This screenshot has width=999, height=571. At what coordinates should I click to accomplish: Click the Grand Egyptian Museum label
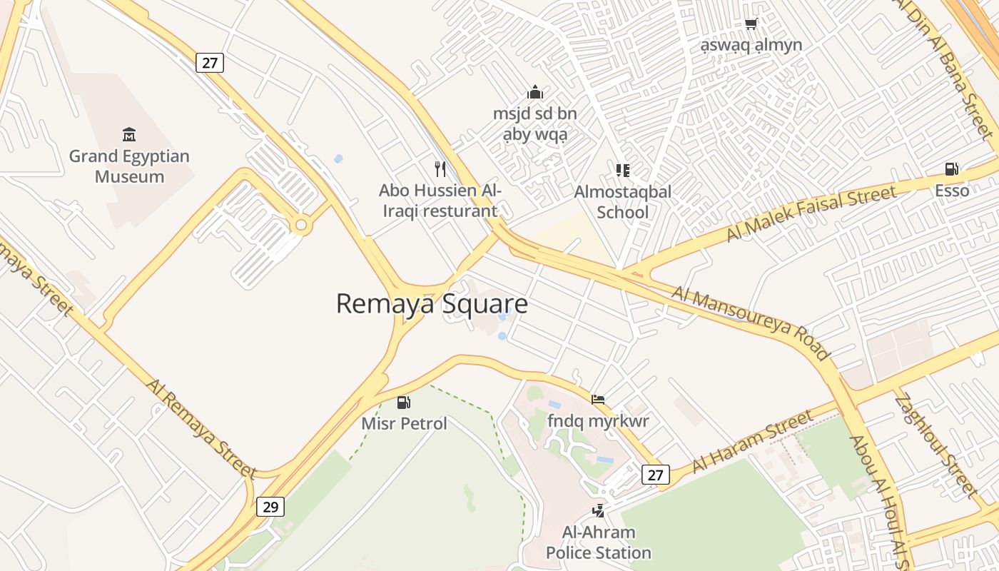click(x=129, y=166)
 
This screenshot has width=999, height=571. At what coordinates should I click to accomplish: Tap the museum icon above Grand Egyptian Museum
click(x=129, y=134)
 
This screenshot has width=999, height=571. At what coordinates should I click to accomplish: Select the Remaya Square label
click(x=432, y=303)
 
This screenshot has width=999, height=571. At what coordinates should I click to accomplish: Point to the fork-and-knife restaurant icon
click(x=440, y=169)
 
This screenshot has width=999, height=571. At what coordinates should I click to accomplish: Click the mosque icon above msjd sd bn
click(x=534, y=92)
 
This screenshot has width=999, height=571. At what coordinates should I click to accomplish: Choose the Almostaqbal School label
click(x=623, y=202)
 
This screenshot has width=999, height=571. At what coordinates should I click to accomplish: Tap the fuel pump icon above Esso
click(x=952, y=169)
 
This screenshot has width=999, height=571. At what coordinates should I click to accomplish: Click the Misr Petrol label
click(x=404, y=423)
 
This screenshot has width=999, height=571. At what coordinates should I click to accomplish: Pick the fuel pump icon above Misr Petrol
click(x=404, y=403)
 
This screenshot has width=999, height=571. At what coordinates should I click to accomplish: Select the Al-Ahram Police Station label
click(x=599, y=542)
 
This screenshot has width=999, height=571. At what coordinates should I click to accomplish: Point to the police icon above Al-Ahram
click(x=599, y=510)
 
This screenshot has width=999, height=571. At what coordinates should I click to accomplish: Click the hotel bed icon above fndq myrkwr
click(x=598, y=400)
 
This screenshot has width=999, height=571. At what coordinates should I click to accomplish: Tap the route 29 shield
click(x=270, y=507)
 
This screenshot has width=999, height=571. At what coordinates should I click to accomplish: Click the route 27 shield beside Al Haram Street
click(x=656, y=474)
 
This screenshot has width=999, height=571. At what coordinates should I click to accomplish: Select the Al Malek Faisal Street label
click(x=811, y=213)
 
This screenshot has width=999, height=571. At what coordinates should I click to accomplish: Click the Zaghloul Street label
click(x=935, y=444)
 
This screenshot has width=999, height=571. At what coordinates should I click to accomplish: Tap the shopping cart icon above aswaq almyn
click(x=751, y=24)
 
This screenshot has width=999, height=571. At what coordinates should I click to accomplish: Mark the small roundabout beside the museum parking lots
click(x=301, y=226)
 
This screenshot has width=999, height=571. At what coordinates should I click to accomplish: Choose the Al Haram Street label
click(x=752, y=442)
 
